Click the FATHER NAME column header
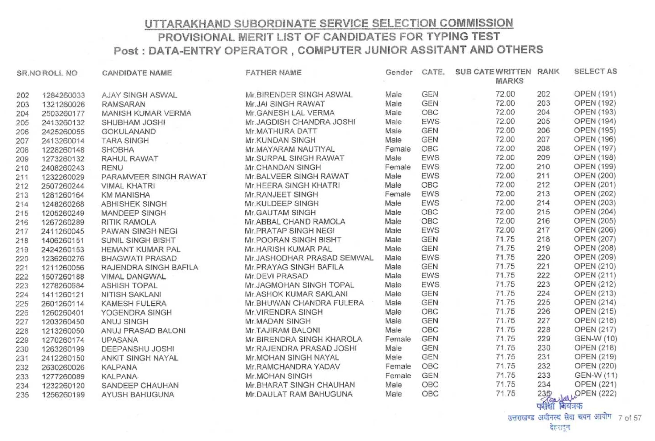tap(273, 73)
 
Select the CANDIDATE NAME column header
tap(137, 73)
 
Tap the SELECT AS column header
tap(595, 72)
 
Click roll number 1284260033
tap(63, 95)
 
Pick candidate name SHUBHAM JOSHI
tap(133, 122)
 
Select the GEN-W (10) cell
tap(595, 339)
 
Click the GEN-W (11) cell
tap(596, 375)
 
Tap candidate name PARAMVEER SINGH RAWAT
tap(154, 177)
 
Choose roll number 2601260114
tap(63, 304)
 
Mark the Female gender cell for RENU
tap(398, 167)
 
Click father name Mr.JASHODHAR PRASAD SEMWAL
tap(309, 258)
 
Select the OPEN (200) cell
tap(595, 176)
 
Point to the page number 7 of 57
tap(630, 418)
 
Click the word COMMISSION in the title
tap(476, 23)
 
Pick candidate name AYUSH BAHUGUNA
tap(138, 394)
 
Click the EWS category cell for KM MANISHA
tap(430, 194)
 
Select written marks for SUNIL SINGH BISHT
tap(505, 239)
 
